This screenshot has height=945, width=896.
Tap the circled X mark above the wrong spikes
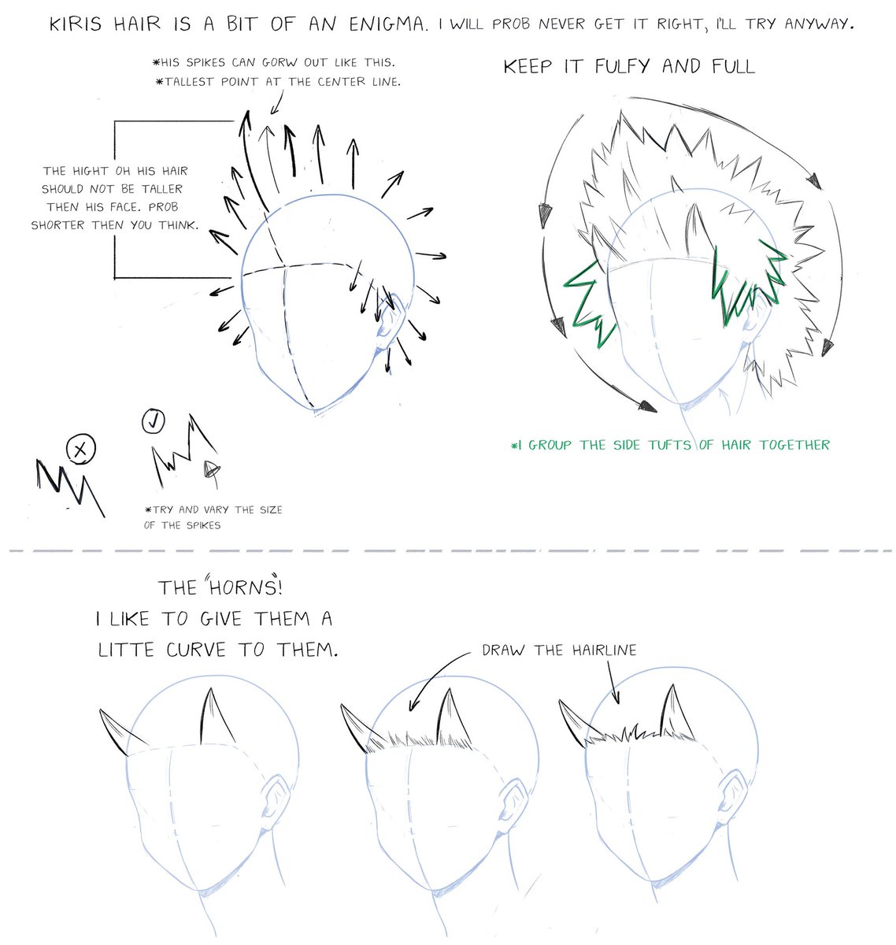click(x=81, y=450)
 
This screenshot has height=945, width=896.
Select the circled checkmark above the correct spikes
click(x=154, y=421)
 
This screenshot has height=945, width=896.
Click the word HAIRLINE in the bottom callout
click(x=604, y=650)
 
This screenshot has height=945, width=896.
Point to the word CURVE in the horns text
click(x=195, y=650)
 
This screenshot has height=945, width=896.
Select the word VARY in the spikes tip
click(x=216, y=510)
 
